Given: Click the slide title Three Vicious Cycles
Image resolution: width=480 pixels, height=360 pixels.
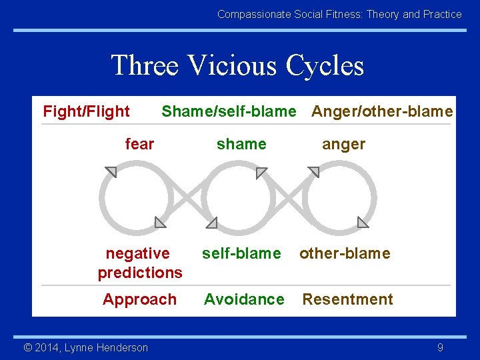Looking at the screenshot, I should pos(237,65).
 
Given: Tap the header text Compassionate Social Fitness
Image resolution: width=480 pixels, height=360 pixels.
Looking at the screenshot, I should pos(339,14).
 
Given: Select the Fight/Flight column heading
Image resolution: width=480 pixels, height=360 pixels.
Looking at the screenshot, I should pos(86,111).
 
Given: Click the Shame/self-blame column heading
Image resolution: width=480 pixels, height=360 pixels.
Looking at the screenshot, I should pos(228,111).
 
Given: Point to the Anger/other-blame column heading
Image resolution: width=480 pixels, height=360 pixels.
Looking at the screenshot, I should pos(382,111).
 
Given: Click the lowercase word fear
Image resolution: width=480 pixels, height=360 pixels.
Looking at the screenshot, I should pos(139,144).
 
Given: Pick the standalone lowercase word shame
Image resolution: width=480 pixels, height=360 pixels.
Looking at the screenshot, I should pos(241,144).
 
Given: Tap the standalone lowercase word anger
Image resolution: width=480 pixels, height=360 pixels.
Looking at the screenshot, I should pos(343,144).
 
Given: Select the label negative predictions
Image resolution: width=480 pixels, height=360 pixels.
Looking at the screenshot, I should pos(139,263).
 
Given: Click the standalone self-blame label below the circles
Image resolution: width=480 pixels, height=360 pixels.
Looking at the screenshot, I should pos(241,253).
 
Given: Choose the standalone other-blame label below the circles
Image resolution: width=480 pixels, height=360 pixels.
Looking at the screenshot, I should pos(345,253).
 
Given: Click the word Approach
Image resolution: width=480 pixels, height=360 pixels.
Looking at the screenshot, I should pos(139,299).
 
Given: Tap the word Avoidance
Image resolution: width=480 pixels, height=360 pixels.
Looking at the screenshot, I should pos(244,299).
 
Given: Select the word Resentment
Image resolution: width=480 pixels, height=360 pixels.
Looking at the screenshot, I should pos(347,299).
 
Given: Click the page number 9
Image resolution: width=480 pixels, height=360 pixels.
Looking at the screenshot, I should pos(440,347).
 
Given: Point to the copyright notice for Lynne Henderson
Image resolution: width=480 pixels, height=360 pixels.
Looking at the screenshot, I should pos(85,347).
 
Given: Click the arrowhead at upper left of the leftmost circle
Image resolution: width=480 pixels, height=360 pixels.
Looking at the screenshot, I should pos(111,173).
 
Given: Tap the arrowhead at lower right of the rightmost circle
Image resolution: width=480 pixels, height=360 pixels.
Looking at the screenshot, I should pos(363,222).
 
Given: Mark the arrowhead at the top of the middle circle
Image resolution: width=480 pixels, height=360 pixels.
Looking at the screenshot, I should pos(261,173).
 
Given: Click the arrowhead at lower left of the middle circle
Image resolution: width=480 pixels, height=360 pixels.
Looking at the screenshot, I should pos(211,222).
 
